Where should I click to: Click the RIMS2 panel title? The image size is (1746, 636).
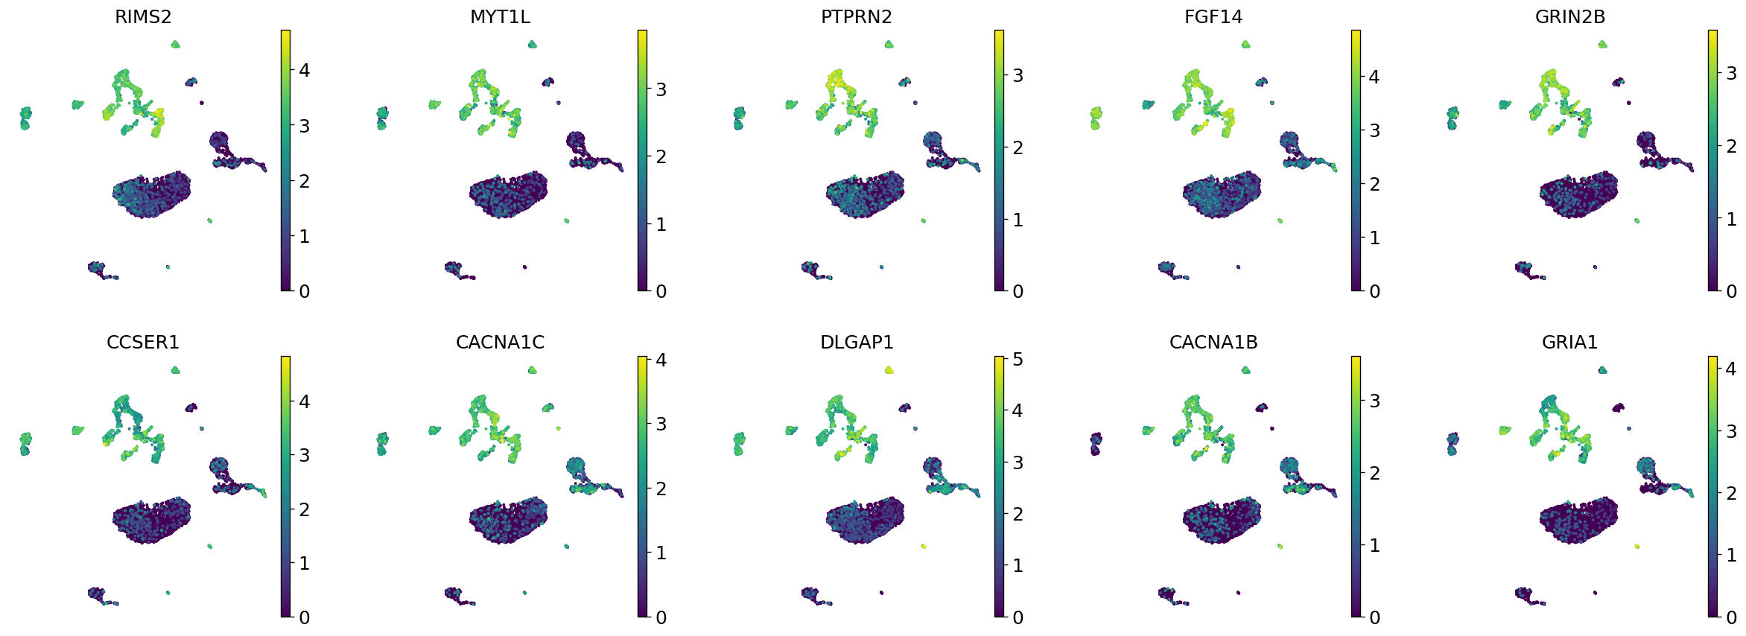point(143,17)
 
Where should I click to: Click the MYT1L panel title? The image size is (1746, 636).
point(500,17)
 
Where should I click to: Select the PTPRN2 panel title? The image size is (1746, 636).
point(856,17)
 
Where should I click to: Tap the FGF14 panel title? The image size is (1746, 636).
point(1213,17)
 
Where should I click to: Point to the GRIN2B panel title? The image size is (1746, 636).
point(1569,17)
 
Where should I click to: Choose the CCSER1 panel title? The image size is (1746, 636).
point(143,343)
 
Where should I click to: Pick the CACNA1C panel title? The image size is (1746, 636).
point(500,343)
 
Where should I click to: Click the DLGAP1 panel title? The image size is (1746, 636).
point(857,343)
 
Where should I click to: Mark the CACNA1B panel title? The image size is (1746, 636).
point(1213,343)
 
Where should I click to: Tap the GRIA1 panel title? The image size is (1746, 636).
point(1569,343)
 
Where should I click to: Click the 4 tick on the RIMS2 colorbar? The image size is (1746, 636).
point(304,71)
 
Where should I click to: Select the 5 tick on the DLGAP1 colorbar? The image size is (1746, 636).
point(1018,360)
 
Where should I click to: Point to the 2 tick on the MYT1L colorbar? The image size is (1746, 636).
point(661,157)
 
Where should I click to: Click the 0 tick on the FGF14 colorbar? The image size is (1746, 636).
point(1374,291)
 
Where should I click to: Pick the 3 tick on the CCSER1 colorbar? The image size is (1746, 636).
point(304,455)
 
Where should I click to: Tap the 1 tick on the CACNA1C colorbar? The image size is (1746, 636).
point(661,553)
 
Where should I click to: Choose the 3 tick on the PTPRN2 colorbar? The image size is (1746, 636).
point(1018,76)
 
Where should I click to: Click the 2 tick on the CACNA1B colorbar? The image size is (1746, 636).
point(1374,473)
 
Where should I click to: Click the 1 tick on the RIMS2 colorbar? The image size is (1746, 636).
point(304,236)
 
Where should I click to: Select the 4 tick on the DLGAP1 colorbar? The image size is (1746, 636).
point(1018,410)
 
